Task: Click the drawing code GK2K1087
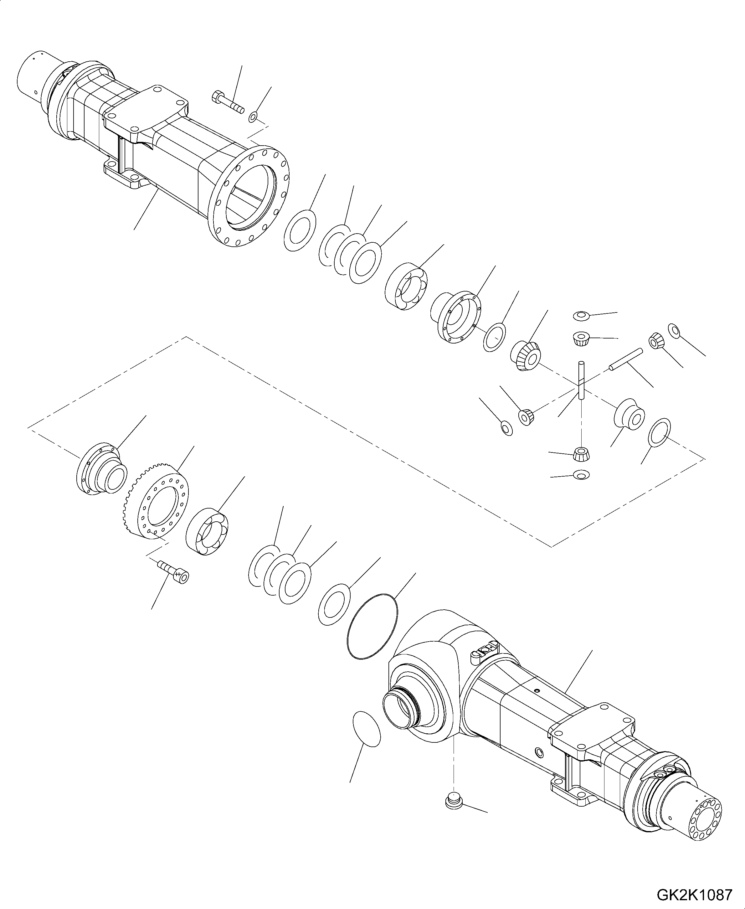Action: tap(694, 894)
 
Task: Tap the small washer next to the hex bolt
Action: tap(254, 116)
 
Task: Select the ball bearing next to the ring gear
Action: tap(207, 532)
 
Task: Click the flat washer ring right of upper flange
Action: tap(300, 230)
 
